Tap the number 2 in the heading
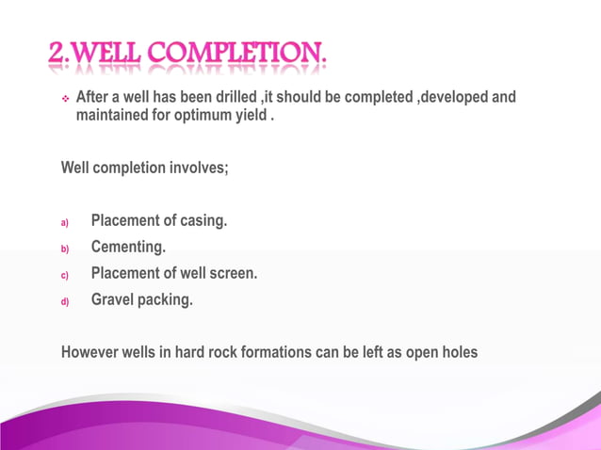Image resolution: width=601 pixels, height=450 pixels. click(57, 57)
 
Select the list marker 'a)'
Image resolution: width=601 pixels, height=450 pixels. click(66, 224)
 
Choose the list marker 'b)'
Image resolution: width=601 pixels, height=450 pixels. click(66, 249)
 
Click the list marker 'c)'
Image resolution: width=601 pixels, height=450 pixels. click(66, 276)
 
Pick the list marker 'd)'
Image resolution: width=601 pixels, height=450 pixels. click(66, 302)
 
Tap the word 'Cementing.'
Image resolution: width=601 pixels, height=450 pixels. click(129, 248)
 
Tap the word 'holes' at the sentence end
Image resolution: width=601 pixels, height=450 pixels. click(457, 353)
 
